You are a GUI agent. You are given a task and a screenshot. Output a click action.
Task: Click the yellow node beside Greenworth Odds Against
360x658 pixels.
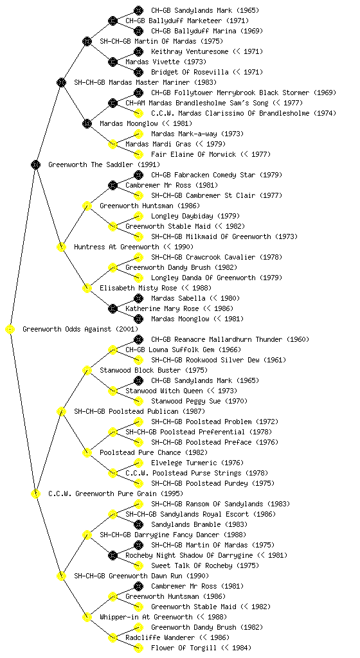[x=10, y=330]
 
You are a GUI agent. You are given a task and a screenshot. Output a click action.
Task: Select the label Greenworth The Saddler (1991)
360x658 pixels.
[x=104, y=165]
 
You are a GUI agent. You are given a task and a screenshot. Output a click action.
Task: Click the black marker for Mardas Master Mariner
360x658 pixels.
[x=61, y=83]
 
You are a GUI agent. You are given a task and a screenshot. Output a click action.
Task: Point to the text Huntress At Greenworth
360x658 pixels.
[x=116, y=247]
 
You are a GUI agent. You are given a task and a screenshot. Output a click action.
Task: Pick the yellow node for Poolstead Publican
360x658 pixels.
[x=61, y=412]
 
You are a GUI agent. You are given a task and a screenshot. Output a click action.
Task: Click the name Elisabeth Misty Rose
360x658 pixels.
[x=138, y=289]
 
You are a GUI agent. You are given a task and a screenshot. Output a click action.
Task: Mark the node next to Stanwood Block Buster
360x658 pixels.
[x=87, y=371]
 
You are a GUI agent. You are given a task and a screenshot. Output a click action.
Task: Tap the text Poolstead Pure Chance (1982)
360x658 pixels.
[x=154, y=453]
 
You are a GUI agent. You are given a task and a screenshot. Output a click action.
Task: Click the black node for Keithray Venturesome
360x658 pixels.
[x=138, y=51]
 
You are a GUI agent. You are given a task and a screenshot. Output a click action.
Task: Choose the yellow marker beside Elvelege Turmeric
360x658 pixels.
[x=138, y=463]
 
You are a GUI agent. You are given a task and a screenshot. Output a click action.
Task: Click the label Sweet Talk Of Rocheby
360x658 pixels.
[x=192, y=565]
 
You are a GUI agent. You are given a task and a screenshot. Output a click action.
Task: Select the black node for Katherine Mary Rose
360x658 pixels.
[x=113, y=309]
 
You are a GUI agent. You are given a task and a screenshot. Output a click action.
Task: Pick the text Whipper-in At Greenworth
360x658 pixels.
[x=146, y=618]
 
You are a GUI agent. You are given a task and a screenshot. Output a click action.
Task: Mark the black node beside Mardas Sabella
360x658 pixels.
[x=138, y=298]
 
